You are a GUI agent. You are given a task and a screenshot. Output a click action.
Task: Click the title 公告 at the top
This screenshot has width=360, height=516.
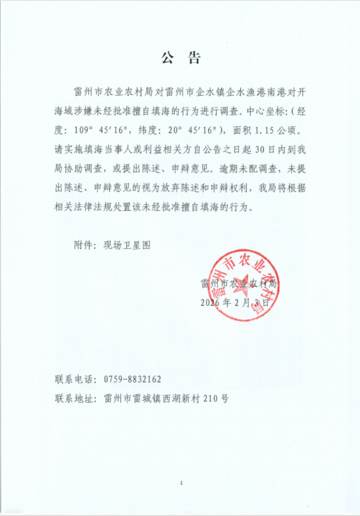coord(181,58)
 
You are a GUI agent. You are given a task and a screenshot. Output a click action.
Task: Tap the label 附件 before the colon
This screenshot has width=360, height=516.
coord(83,245)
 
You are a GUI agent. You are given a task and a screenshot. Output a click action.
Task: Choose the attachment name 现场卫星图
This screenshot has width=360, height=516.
coord(126,245)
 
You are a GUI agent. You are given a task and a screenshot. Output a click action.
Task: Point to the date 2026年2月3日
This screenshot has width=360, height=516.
coord(234,303)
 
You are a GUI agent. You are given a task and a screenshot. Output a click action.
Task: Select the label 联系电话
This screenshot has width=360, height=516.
coord(72,379)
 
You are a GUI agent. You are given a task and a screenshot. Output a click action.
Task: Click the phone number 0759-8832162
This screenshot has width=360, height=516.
coord(132,379)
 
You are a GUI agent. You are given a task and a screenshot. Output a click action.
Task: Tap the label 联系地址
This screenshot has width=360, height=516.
coord(72,398)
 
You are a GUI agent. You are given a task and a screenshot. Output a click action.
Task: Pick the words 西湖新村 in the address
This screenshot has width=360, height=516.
coord(182,398)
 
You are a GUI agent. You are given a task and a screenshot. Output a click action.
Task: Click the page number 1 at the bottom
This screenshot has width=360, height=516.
coord(180,483)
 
